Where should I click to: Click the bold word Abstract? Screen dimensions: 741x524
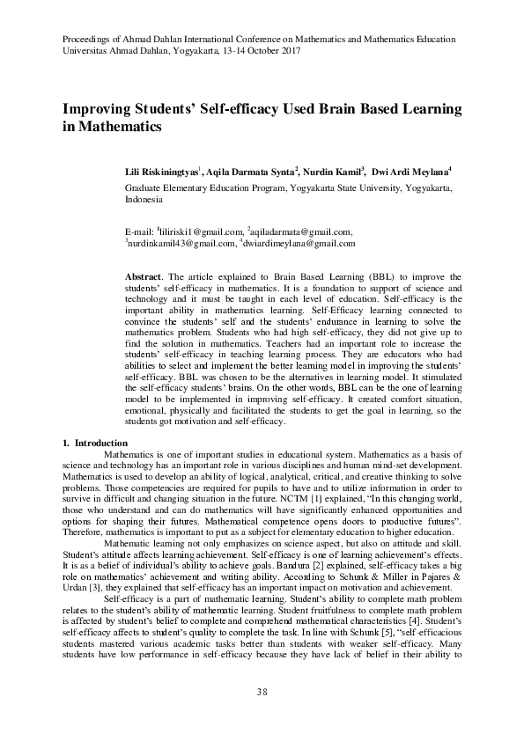(143, 277)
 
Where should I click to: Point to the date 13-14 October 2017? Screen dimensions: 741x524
(251, 52)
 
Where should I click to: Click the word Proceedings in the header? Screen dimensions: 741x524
(87, 40)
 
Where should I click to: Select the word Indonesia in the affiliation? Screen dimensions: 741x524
(148, 200)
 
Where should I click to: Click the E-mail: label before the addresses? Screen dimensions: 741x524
(140, 231)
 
